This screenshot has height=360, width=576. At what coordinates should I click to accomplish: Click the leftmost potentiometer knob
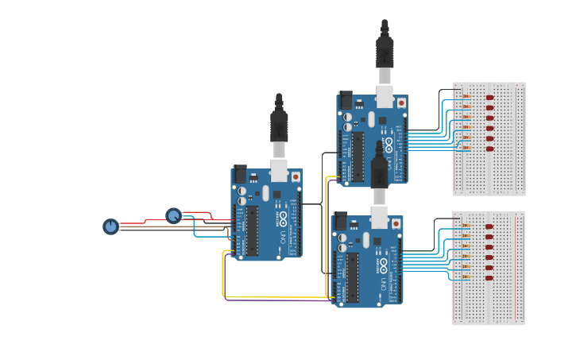point(110,226)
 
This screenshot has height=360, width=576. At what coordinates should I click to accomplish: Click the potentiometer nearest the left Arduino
point(173,215)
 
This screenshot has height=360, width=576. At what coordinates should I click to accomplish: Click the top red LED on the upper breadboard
point(489,98)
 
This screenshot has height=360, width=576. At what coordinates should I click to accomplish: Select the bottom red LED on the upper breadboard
point(489,149)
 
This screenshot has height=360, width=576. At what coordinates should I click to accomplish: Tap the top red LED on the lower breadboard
point(489,226)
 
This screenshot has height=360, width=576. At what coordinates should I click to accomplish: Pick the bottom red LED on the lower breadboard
point(489,278)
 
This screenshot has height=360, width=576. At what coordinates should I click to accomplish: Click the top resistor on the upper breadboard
point(466,97)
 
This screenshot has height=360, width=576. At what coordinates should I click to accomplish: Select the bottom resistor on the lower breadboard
point(466,278)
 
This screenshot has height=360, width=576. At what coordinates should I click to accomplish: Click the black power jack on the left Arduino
point(239,174)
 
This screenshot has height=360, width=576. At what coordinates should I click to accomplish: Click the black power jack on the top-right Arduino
point(346,100)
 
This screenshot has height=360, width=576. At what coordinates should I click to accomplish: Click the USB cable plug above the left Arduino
point(279,126)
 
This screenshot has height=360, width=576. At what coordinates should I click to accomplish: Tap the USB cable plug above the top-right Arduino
point(385,52)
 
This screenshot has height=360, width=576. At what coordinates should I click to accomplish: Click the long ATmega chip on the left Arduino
point(252,230)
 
